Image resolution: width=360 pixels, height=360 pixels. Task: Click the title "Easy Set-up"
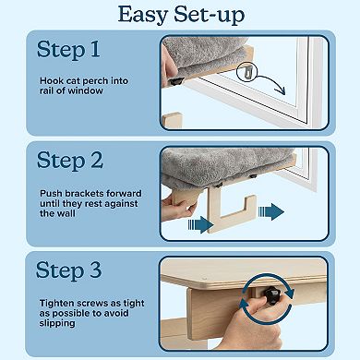pos(182,15)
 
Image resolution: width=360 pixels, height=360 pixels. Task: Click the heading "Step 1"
pos(68,49)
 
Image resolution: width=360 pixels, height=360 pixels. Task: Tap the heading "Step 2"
pos(70,160)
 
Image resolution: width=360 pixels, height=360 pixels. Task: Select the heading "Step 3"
pos(68,270)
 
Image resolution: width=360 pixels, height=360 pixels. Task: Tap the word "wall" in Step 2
pos(66,213)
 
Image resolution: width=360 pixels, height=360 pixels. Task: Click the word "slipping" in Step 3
pos(57,323)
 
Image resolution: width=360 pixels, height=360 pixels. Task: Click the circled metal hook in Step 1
pos(246,74)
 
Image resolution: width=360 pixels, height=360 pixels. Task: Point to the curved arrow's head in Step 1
pos(282,90)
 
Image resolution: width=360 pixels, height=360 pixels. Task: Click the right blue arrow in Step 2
pos(271,211)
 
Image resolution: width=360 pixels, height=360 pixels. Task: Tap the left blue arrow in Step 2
pos(201,224)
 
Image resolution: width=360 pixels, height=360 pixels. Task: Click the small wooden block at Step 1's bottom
pos(173,120)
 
